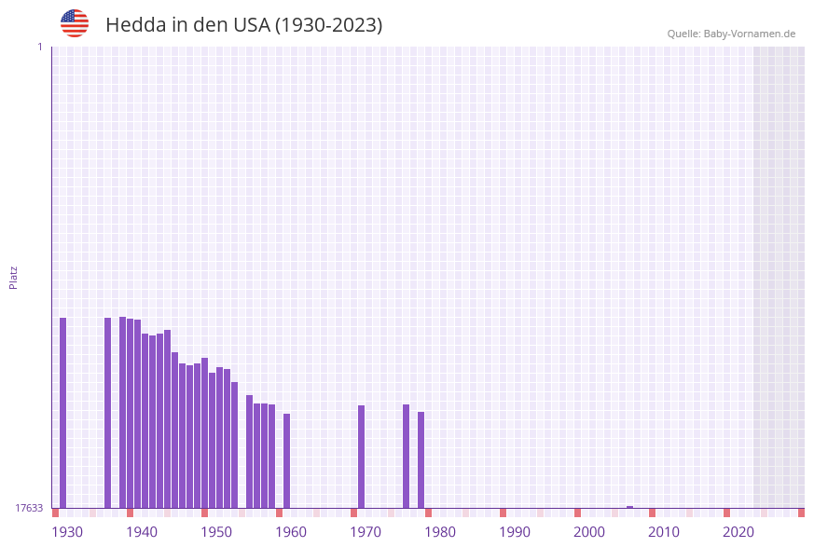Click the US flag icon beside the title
pyautogui.click(x=75, y=23)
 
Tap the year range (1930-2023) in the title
pyautogui.click(x=328, y=25)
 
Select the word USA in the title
pyautogui.click(x=251, y=25)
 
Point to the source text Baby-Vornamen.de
pyautogui.click(x=750, y=34)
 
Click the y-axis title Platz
pyautogui.click(x=14, y=277)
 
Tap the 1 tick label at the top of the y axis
pyautogui.click(x=39, y=47)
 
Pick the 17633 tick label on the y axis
pyautogui.click(x=29, y=508)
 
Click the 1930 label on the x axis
pyautogui.click(x=67, y=532)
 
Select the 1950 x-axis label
pyautogui.click(x=216, y=532)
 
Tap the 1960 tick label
pyautogui.click(x=291, y=532)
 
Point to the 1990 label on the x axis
pyautogui.click(x=515, y=532)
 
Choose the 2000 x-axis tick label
pyautogui.click(x=589, y=532)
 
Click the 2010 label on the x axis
pyautogui.click(x=664, y=532)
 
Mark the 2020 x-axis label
pyautogui.click(x=738, y=532)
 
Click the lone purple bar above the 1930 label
pyautogui.click(x=63, y=413)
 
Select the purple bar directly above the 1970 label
pyautogui.click(x=362, y=457)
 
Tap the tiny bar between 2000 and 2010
pyautogui.click(x=630, y=507)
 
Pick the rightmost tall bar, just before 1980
pyautogui.click(x=421, y=459)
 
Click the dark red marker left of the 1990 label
pyautogui.click(x=504, y=513)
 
